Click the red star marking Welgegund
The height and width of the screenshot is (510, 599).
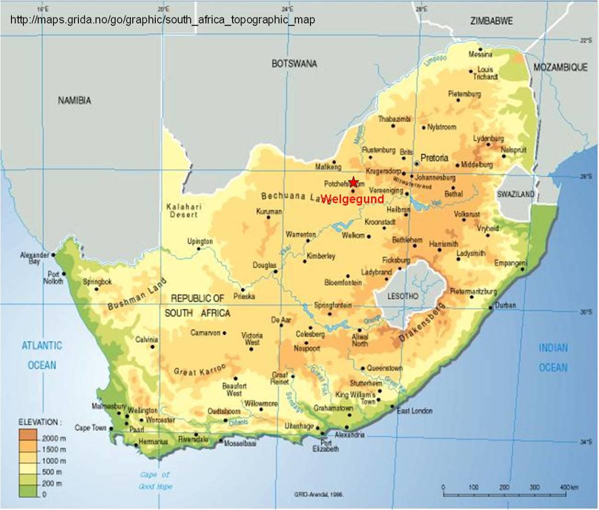tap(353, 182)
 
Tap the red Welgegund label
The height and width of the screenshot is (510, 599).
tap(352, 200)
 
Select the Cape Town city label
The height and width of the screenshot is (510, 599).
tap(90, 428)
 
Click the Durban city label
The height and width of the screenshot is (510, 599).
tap(506, 305)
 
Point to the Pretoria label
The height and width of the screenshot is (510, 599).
tap(434, 158)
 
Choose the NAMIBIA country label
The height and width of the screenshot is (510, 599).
tap(74, 100)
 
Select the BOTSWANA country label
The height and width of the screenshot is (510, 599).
tap(294, 63)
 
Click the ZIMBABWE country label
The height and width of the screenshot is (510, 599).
tap(492, 20)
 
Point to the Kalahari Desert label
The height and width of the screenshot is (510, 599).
tap(184, 210)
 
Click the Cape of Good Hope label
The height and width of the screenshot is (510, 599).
tap(155, 480)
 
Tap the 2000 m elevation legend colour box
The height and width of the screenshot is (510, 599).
tap(29, 438)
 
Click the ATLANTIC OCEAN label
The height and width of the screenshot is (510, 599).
tap(42, 355)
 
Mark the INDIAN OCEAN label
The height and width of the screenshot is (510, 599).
tap(553, 358)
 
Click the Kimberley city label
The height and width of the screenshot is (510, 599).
tap(320, 256)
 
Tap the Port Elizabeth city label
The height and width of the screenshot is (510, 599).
tap(326, 446)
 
